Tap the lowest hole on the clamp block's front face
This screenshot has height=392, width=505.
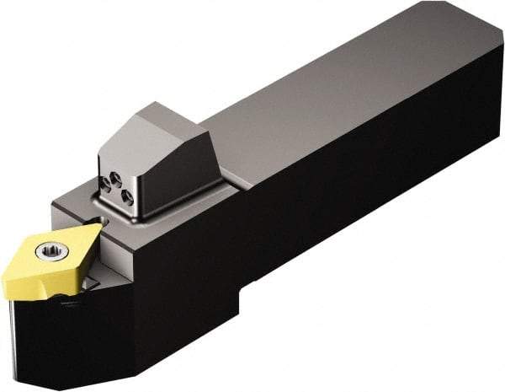coord(127,198)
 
